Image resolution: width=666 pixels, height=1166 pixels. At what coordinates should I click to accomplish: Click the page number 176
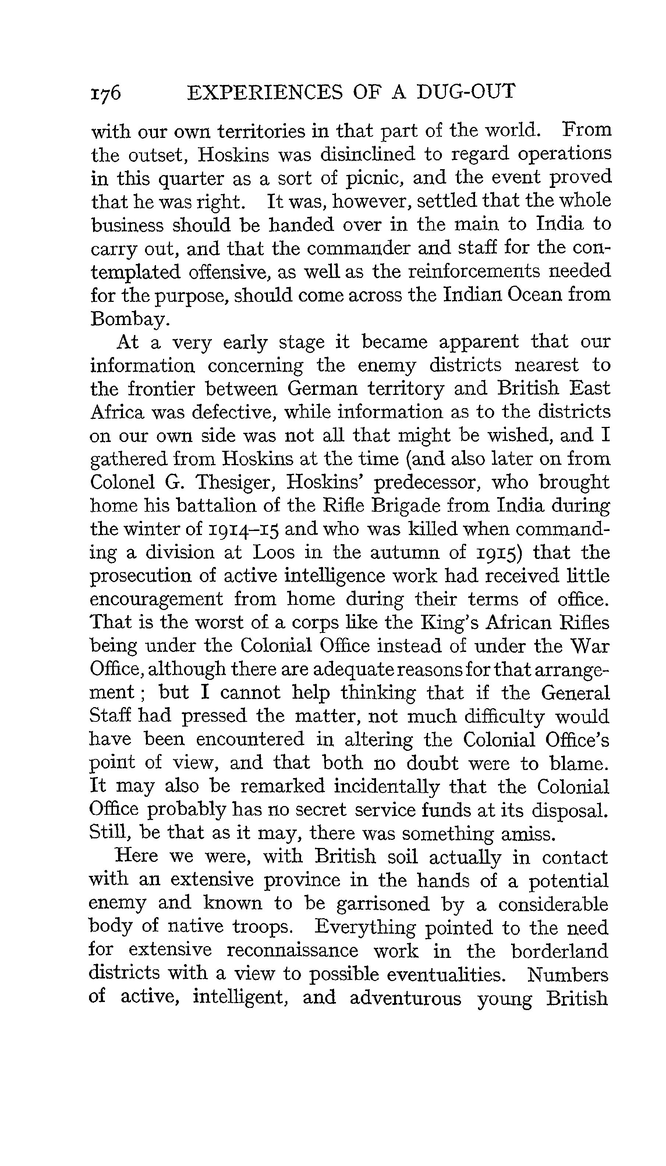click(x=106, y=92)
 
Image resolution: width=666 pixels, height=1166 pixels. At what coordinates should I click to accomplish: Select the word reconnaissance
click(x=292, y=952)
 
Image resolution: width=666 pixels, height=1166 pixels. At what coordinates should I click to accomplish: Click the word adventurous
click(x=405, y=999)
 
